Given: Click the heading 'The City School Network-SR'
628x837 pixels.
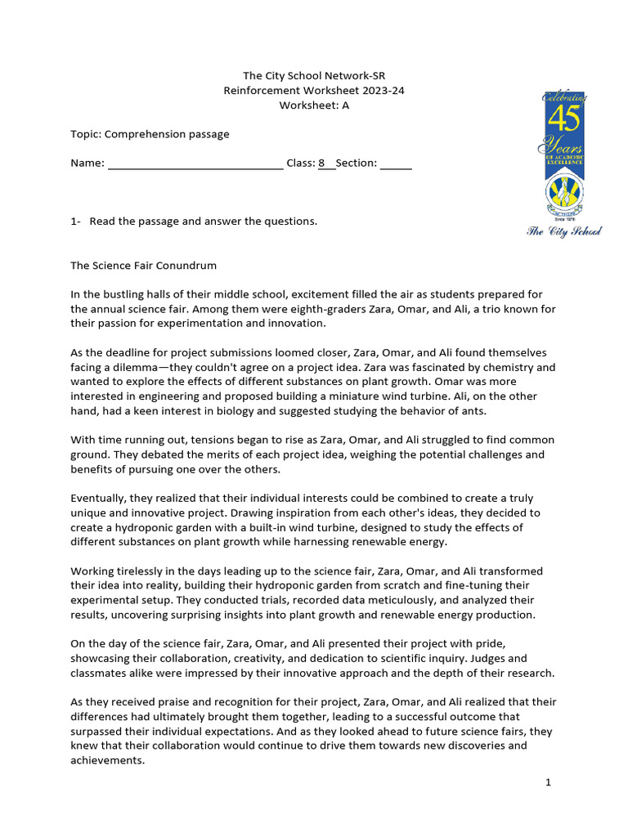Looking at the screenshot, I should pos(314,76).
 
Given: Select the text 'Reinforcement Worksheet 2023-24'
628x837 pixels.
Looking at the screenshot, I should pos(314,91).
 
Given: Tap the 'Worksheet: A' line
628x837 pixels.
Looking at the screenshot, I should pos(314,105).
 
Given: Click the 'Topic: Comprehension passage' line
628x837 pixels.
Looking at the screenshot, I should pos(150,133).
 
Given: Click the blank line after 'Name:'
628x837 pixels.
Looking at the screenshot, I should pos(195,163).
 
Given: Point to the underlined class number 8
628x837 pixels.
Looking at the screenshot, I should pos(321,163).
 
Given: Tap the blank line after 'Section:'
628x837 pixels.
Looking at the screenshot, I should pos(396,163).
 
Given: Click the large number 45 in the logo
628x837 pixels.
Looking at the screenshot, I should pos(563,119).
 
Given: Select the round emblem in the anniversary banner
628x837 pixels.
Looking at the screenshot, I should pos(564,195).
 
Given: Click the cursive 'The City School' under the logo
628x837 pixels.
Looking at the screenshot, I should pos(563,232).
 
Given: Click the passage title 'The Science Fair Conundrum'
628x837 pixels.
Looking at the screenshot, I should pos(143,266).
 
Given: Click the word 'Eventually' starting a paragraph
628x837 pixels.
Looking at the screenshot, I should pos(96,498).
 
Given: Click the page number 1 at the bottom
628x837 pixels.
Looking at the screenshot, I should pos(549,782).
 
